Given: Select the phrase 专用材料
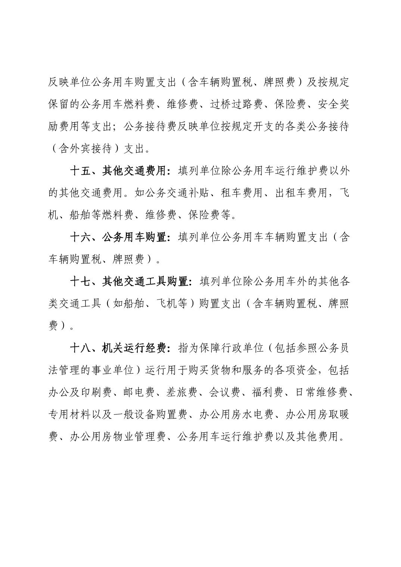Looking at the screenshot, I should click(x=70, y=414).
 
